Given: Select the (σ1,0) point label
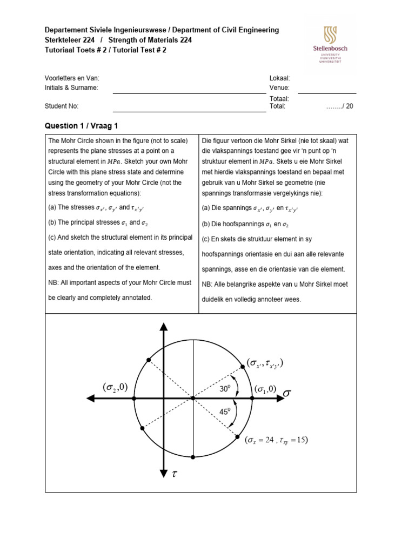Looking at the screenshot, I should (266, 389).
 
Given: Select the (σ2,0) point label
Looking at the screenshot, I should (115, 387).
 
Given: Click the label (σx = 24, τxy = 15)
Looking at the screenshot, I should (276, 440).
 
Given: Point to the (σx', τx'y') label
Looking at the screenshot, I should (265, 363).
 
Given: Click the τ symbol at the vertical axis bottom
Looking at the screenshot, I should (174, 474).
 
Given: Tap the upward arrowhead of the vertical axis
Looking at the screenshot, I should (163, 327).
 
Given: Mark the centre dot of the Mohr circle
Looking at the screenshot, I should (193, 399).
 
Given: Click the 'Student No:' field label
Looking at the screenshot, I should (63, 106).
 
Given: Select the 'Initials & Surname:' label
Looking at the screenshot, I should (72, 87).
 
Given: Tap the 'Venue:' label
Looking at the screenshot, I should (279, 87).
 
